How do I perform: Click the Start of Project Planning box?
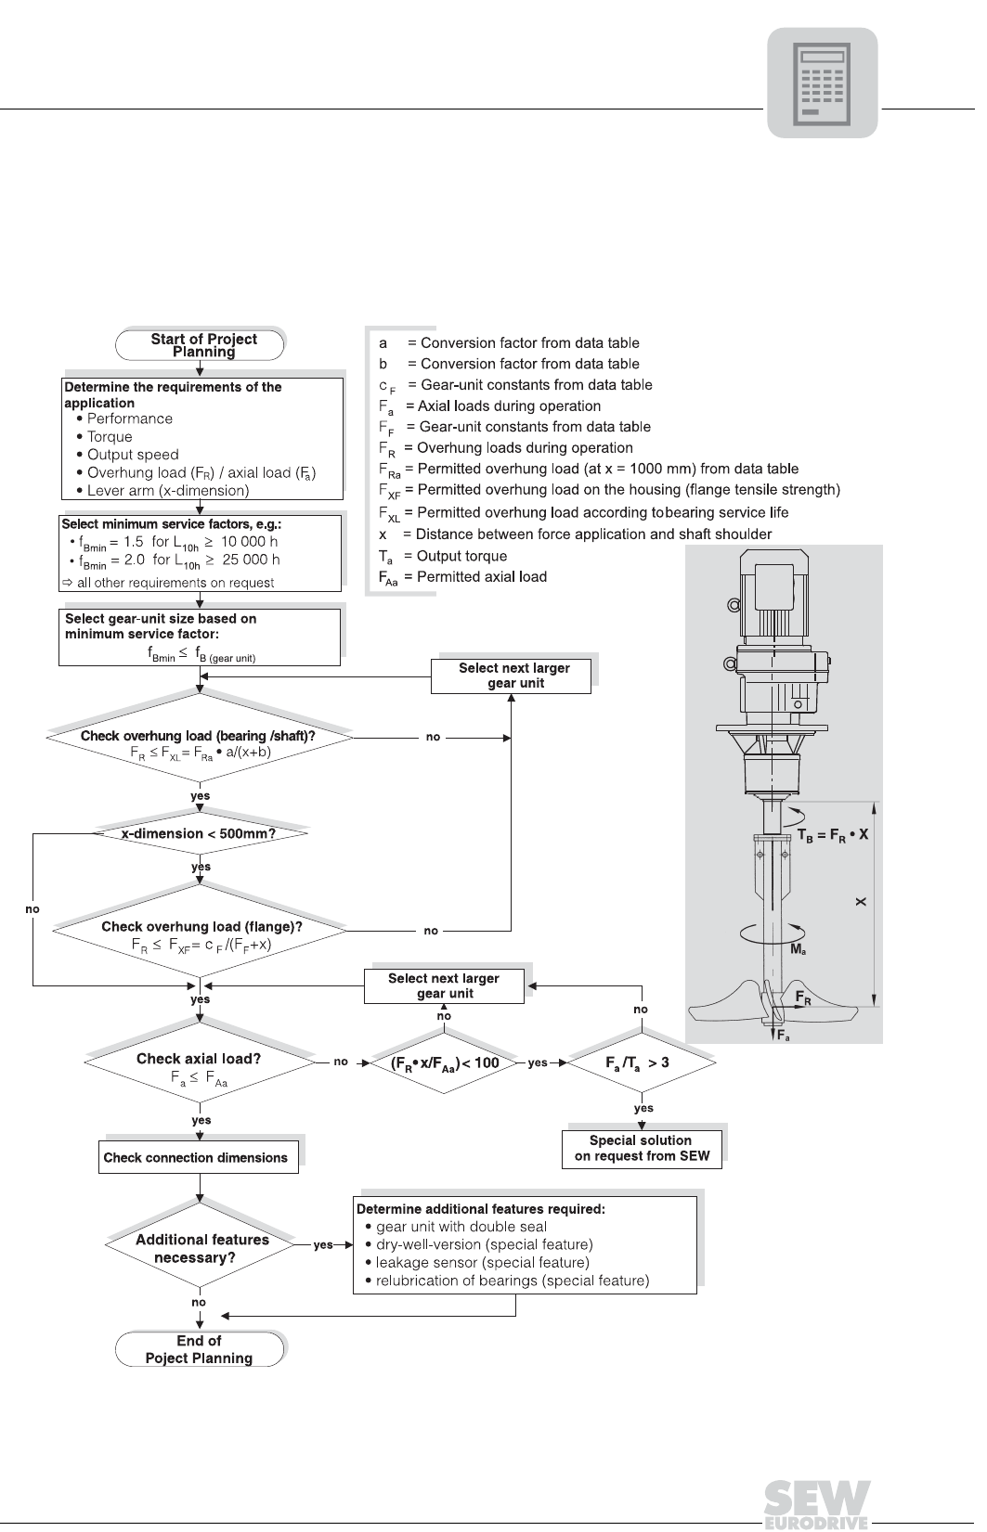200,344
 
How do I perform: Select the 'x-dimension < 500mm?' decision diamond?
200,833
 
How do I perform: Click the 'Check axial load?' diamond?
200,1062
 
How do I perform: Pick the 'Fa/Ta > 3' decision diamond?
642,1062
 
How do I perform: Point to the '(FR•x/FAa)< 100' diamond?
444,1062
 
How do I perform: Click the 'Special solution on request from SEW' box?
642,1149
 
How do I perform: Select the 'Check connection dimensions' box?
199,1157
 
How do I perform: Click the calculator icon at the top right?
822,83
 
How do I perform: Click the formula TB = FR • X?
833,835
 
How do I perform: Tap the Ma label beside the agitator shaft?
799,949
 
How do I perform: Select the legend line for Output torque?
443,557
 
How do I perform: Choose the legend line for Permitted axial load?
462,578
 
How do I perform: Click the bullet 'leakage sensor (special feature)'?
478,1263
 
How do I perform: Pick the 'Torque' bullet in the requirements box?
105,436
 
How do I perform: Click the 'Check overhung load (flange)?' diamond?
200,931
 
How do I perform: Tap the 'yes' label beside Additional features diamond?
323,1244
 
